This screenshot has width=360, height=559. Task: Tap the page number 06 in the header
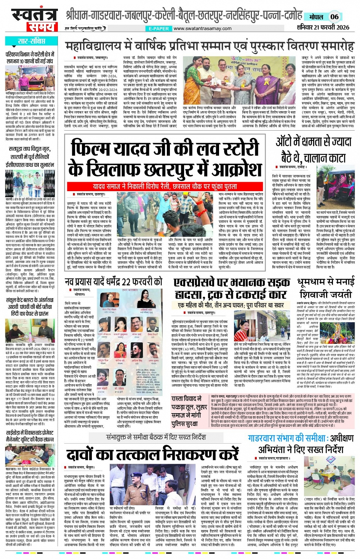334,16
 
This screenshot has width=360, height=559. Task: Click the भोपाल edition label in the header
316,17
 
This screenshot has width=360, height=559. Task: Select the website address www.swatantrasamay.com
202,28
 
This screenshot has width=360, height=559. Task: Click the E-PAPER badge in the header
158,29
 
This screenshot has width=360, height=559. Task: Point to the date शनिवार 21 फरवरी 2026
323,27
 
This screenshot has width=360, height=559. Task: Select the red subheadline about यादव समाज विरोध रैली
165,187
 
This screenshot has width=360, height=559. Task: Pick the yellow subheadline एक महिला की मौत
231,305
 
